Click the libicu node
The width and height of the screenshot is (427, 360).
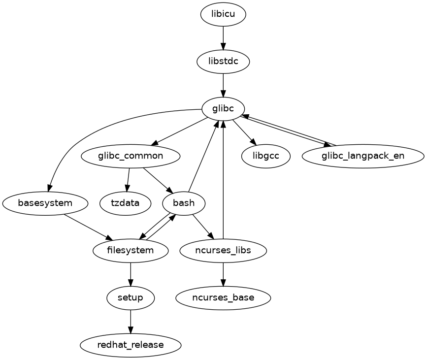pos(223,14)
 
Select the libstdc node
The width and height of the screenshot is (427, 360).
pos(223,62)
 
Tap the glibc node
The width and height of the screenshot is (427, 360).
pos(223,109)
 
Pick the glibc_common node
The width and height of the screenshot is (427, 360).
pos(131,156)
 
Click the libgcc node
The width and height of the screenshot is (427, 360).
pos(265,156)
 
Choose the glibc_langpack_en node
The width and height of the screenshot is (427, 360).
pos(363,156)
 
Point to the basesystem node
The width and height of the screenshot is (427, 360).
pos(45,203)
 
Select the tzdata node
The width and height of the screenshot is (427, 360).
pos(125,203)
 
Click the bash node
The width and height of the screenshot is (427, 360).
pos(184,203)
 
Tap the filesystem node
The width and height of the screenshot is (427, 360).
pos(131,250)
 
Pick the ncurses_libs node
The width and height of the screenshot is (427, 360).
pos(223,250)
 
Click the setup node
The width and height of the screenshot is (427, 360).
pos(131,297)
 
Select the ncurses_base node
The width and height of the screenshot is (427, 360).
pos(223,297)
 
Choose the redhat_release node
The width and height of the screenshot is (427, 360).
pos(131,345)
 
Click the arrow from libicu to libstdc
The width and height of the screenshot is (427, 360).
pos(223,37)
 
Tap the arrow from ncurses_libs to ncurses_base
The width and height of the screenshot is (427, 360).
pos(223,274)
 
